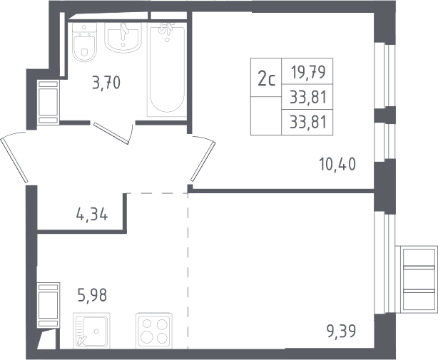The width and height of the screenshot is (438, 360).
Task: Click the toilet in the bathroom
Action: [84, 42]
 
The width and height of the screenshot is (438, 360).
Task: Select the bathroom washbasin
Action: [123, 37]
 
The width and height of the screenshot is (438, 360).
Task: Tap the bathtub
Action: [167, 69]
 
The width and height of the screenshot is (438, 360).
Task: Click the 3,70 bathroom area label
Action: [106, 83]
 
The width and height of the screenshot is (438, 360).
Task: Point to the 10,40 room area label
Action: [337, 164]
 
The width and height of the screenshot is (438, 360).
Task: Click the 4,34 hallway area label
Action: [92, 215]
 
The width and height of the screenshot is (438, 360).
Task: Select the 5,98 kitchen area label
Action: [93, 295]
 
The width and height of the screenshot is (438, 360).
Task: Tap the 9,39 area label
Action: [342, 331]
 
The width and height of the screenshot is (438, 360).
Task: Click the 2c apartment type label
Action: [267, 79]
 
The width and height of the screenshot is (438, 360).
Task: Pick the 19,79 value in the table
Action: [308, 72]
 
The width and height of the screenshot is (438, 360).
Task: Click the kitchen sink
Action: [91, 331]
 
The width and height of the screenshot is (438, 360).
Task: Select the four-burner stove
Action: [154, 331]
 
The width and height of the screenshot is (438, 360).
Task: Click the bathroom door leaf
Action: [111, 133]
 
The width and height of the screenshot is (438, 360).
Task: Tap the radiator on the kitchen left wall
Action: [49, 305]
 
